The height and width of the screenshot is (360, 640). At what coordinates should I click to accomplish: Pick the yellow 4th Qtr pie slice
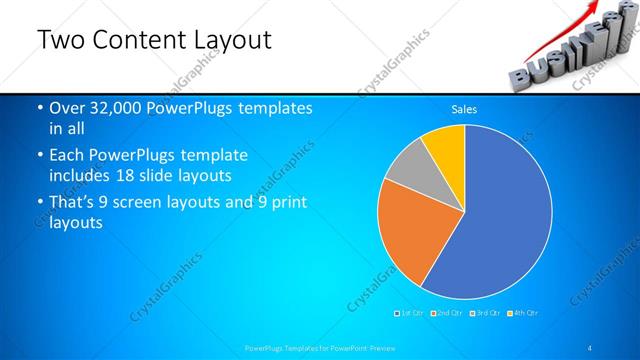[x=444, y=145]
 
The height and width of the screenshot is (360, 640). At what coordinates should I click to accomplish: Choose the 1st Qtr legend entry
[x=410, y=313]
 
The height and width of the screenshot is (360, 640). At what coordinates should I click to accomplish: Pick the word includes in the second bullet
[x=80, y=176]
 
